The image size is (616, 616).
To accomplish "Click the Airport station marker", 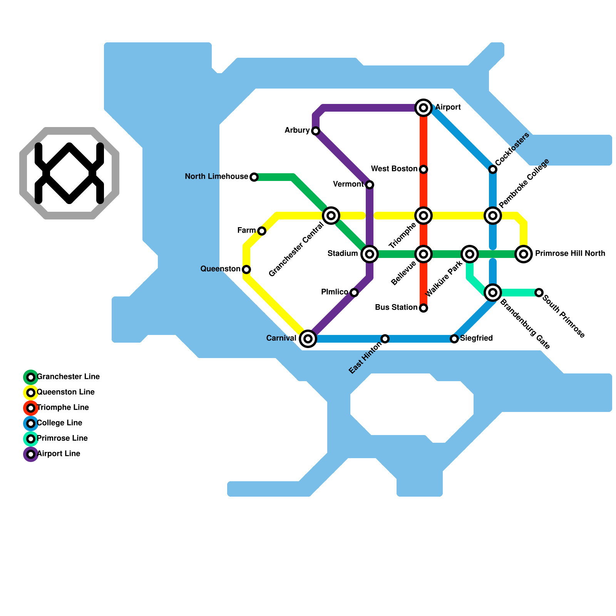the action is pyautogui.click(x=423, y=108).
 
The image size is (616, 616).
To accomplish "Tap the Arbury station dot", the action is pyautogui.click(x=316, y=131).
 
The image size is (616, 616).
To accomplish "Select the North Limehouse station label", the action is pyautogui.click(x=216, y=177).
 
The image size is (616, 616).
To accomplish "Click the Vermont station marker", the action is pyautogui.click(x=370, y=185).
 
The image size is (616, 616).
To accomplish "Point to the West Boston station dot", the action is pyautogui.click(x=423, y=169).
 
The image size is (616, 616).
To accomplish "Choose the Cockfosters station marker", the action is pyautogui.click(x=493, y=169).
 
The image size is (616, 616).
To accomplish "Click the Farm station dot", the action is pyautogui.click(x=262, y=231).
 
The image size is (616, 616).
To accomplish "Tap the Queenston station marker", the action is pyautogui.click(x=246, y=269).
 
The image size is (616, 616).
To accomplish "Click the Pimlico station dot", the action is pyautogui.click(x=354, y=293).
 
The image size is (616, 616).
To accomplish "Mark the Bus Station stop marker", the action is pyautogui.click(x=423, y=308).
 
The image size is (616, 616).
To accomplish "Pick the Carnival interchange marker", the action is pyautogui.click(x=308, y=339).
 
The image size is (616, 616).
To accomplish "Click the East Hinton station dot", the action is pyautogui.click(x=385, y=339).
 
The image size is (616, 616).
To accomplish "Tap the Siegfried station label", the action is pyautogui.click(x=476, y=338).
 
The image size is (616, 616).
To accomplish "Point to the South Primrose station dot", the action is pyautogui.click(x=539, y=293).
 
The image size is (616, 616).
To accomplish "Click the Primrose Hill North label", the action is pyautogui.click(x=570, y=254).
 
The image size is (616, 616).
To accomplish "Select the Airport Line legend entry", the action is pyautogui.click(x=58, y=454).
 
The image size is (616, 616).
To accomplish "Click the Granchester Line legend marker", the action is pyautogui.click(x=31, y=377).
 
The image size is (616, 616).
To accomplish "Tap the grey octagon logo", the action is pyautogui.click(x=69, y=173).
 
